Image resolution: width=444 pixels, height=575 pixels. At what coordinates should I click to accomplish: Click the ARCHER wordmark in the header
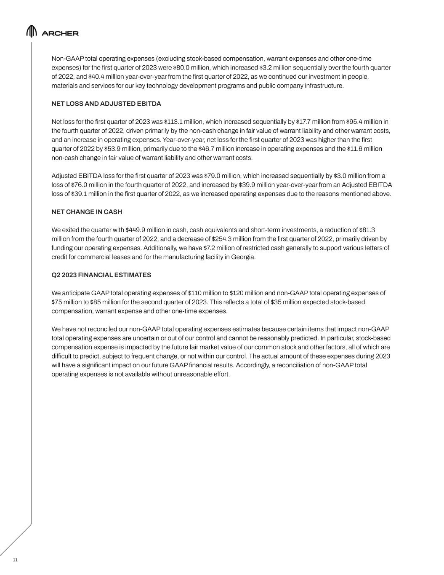[x=60, y=33]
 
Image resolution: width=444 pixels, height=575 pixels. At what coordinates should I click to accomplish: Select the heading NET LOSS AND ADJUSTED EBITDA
[x=106, y=104]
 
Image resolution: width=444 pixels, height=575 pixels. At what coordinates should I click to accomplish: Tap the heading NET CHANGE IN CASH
[x=87, y=212]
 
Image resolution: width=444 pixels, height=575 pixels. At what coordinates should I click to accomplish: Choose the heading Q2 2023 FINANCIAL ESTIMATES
[x=101, y=275]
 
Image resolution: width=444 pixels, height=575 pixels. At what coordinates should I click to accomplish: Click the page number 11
[x=16, y=559]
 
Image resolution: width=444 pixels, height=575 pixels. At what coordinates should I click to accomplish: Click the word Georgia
[x=242, y=257]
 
